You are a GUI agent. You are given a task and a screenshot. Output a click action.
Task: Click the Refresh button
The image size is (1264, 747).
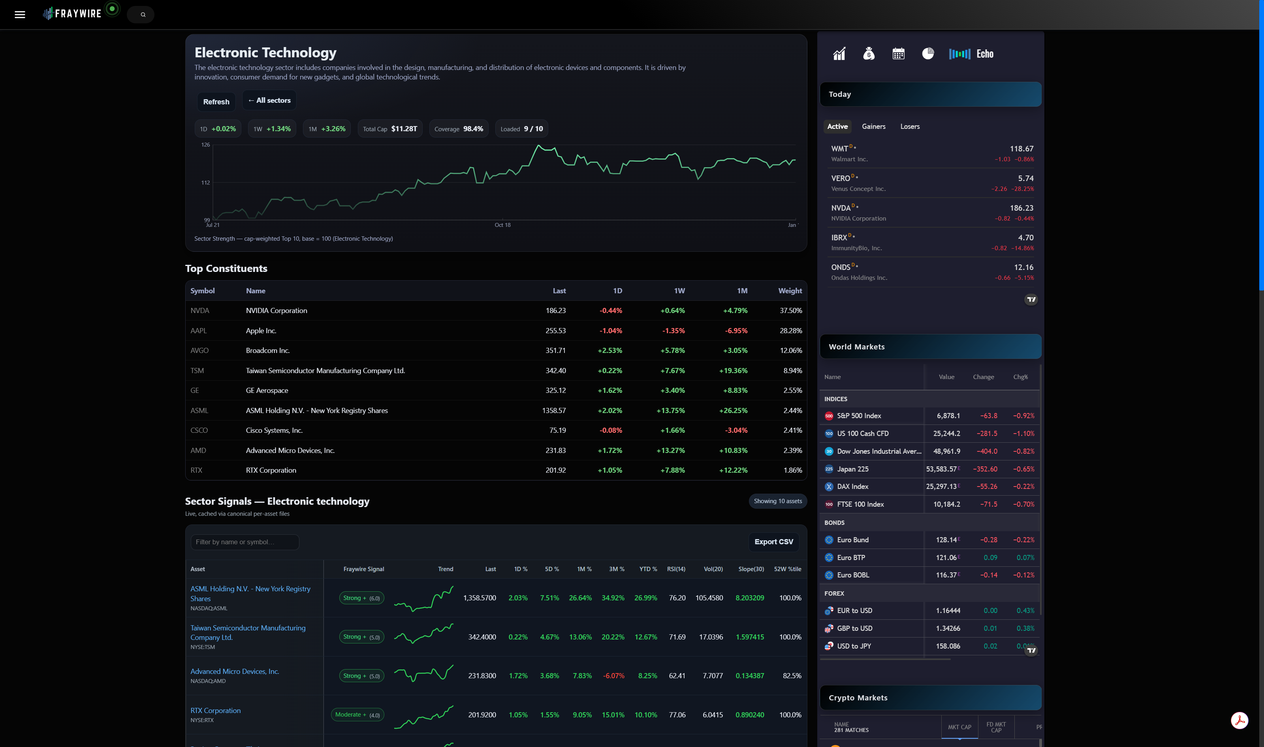click(216, 102)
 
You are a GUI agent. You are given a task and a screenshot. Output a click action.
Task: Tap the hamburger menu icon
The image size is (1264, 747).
click(20, 15)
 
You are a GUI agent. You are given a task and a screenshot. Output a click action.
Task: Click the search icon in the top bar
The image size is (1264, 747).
click(143, 15)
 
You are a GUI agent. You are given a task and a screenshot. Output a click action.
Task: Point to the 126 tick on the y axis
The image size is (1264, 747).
click(205, 145)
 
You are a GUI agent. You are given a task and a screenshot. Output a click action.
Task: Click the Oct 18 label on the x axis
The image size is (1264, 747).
click(502, 225)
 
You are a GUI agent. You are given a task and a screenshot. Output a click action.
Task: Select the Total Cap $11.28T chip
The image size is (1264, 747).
click(390, 129)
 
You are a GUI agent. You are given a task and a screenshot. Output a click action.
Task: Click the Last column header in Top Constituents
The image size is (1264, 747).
click(559, 291)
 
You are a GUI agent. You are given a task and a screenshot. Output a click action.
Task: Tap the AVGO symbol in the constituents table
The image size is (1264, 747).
click(199, 350)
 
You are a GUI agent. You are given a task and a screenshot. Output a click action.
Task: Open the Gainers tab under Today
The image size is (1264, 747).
click(873, 126)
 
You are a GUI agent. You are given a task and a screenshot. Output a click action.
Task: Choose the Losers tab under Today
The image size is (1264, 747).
click(909, 126)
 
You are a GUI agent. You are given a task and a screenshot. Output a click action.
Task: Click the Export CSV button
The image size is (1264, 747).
click(773, 541)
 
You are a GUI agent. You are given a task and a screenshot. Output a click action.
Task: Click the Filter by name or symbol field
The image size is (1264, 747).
click(245, 542)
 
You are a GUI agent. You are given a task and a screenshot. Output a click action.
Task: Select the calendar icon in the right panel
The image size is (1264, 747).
click(898, 54)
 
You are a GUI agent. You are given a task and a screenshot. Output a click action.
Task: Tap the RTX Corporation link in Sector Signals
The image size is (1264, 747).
click(215, 710)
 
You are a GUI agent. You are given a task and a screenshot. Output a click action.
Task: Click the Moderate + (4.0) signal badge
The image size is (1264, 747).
click(357, 715)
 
